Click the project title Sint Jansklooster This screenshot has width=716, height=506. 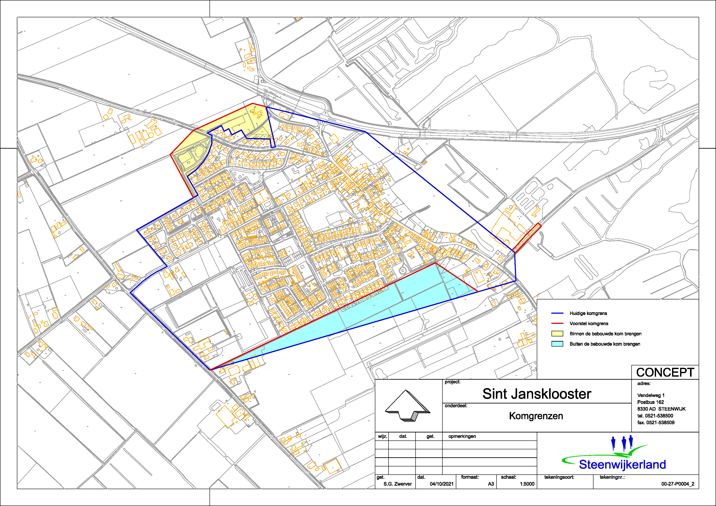click(x=536, y=394)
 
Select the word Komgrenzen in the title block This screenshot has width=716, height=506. click(x=536, y=416)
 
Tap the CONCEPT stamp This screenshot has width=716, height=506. click(x=665, y=372)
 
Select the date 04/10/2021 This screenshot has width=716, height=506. click(x=441, y=484)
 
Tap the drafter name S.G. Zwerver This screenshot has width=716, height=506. click(x=397, y=484)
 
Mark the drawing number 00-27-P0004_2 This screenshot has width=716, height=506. click(x=677, y=484)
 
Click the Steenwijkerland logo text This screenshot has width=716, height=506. click(x=622, y=464)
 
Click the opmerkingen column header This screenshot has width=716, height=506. click(x=462, y=436)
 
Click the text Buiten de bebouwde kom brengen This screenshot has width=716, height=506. click(x=605, y=344)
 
